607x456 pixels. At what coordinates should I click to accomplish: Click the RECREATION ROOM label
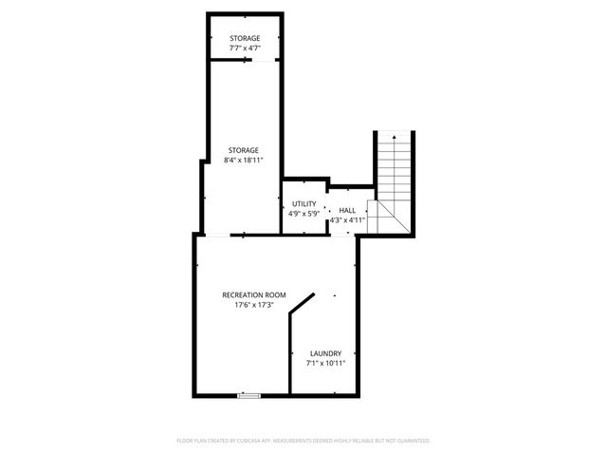[253, 294]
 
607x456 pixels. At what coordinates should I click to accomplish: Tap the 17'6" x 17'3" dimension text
[253, 306]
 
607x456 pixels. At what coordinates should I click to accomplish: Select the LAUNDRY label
[325, 353]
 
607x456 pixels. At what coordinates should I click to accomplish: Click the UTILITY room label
[303, 204]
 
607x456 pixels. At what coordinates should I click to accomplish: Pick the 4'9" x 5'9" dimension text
[303, 214]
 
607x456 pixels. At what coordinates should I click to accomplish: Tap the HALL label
[347, 210]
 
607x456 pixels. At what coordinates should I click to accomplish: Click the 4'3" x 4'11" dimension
[347, 220]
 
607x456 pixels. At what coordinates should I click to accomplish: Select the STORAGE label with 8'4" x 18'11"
[244, 149]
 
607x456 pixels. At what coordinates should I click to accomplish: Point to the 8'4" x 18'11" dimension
[244, 160]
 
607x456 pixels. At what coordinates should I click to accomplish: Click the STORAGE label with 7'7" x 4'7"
[244, 38]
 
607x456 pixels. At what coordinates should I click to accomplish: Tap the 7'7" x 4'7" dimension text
[244, 47]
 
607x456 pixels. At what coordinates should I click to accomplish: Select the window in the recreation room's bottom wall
[248, 394]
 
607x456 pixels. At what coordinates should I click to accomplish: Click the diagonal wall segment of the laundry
[302, 306]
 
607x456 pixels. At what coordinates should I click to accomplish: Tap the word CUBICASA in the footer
[272, 441]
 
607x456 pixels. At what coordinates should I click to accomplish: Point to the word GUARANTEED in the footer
[410, 441]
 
